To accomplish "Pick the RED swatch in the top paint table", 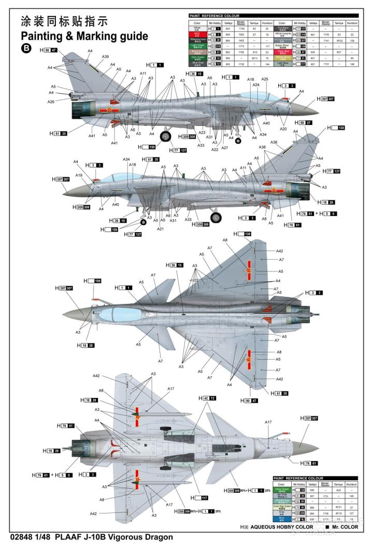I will pyautogui.click(x=197, y=34).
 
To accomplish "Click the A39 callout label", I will pyautogui.click(x=105, y=56).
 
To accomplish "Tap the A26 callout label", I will pyautogui.click(x=51, y=102).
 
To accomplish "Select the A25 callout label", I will pyautogui.click(x=265, y=79).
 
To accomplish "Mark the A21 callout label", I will pyautogui.click(x=161, y=229).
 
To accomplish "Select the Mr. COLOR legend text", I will pyautogui.click(x=343, y=526).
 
